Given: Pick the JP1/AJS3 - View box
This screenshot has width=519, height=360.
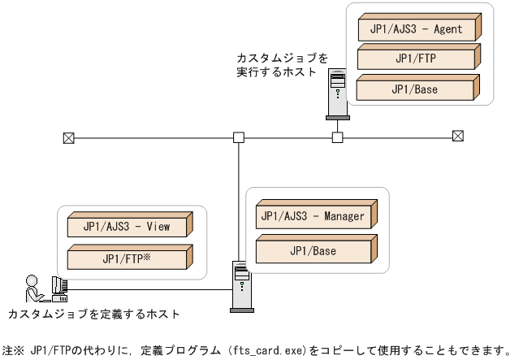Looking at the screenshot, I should pyautogui.click(x=126, y=228).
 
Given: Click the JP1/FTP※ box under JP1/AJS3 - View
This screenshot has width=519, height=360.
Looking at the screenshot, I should pyautogui.click(x=126, y=258).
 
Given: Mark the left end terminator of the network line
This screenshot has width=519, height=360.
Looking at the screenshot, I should pyautogui.click(x=67, y=137).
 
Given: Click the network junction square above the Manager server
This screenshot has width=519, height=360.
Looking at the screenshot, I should pyautogui.click(x=239, y=137).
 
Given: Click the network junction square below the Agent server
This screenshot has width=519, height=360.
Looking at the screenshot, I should pyautogui.click(x=337, y=137).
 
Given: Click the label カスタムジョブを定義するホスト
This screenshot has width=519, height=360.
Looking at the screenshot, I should pyautogui.click(x=93, y=313).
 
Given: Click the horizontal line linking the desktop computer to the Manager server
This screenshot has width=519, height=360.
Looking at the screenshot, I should pyautogui.click(x=146, y=288).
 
